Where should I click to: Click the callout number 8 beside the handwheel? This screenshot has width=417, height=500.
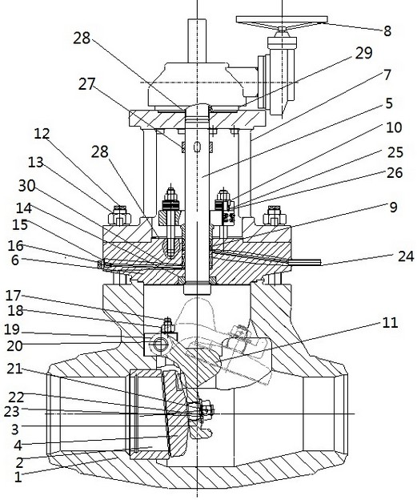(x=387, y=31)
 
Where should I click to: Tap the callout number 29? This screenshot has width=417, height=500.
(x=363, y=53)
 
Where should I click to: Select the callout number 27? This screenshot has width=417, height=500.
(x=87, y=84)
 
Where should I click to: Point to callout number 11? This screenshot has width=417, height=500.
(x=391, y=323)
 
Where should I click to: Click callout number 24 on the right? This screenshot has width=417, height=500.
(x=406, y=256)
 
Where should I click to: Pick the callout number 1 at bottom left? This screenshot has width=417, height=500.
(x=18, y=477)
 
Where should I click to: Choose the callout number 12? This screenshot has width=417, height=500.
(x=42, y=134)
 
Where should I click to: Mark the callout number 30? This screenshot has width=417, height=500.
(x=26, y=186)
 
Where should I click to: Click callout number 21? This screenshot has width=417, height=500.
(x=14, y=369)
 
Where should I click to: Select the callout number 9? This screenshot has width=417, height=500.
(x=394, y=208)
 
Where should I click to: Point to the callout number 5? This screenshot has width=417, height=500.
(x=389, y=103)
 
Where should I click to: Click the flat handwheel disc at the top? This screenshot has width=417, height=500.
(x=282, y=19)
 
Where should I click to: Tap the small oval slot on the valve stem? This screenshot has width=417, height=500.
(x=197, y=147)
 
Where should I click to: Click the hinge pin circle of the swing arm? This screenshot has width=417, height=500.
(x=159, y=344)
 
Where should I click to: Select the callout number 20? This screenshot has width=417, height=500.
(x=15, y=345)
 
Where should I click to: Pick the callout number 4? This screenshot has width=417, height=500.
(x=18, y=446)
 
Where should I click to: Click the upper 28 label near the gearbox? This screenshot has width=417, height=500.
(x=82, y=38)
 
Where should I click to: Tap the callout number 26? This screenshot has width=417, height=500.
(x=395, y=172)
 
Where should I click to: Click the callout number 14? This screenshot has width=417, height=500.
(x=24, y=208)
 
